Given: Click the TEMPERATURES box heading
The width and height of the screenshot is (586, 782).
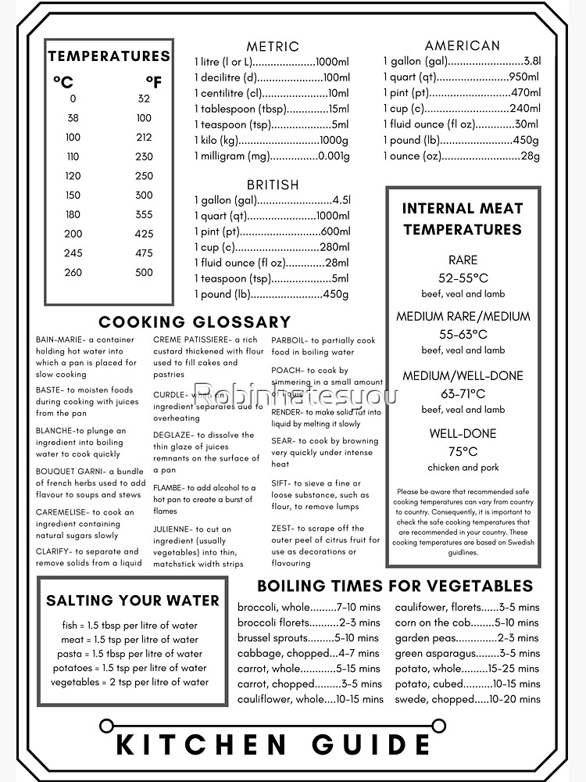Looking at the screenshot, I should [109, 56].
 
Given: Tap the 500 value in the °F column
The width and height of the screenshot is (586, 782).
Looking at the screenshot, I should [144, 273].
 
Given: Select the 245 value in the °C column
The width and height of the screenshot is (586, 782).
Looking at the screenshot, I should [73, 253].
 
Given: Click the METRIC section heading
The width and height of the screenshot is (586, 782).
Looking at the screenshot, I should [273, 47].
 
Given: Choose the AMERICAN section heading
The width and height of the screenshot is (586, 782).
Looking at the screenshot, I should [463, 46].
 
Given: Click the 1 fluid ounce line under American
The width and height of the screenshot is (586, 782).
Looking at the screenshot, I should [461, 124].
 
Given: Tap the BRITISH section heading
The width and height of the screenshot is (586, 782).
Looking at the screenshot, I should [273, 185].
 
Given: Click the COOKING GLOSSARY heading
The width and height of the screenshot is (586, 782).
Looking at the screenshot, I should [195, 322].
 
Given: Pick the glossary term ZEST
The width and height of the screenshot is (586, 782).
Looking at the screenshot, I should [283, 529].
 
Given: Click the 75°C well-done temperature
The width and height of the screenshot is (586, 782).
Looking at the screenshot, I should [463, 451].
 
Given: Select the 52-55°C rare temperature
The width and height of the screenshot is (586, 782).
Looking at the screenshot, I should [463, 278].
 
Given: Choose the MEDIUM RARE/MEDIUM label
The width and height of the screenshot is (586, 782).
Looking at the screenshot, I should [463, 317].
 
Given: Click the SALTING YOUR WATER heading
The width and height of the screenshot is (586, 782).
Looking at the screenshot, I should [133, 601].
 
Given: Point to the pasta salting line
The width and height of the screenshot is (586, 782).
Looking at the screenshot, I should [130, 654].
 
